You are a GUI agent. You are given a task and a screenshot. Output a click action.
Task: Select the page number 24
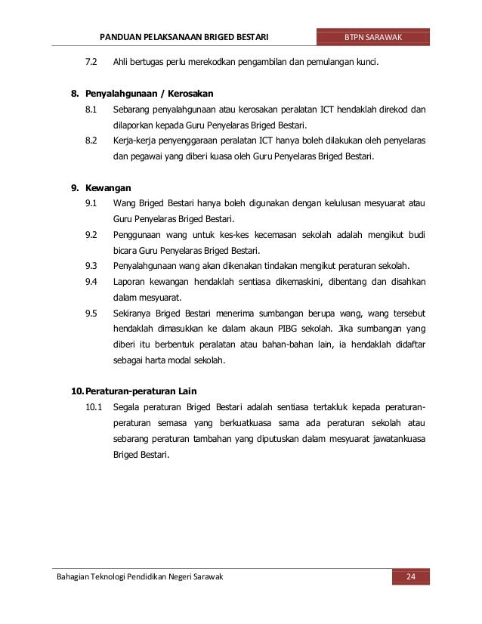click(x=411, y=578)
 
